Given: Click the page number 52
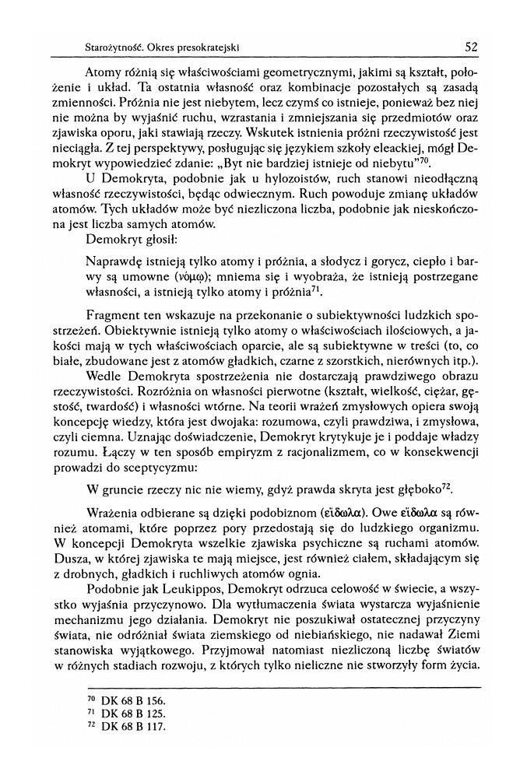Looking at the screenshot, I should [470, 46].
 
